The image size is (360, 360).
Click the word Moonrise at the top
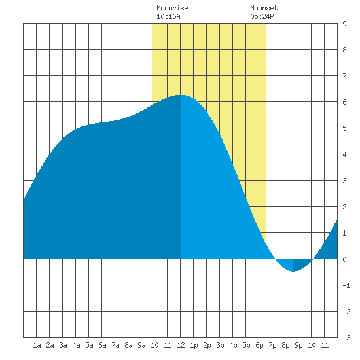[x=172, y=8]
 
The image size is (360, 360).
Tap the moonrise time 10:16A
[x=168, y=16]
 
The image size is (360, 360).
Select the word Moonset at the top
[x=264, y=8]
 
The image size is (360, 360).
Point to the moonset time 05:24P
[x=262, y=16]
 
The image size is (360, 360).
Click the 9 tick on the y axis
[x=344, y=24]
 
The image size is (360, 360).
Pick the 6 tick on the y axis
[x=344, y=102]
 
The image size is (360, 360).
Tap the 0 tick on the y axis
[x=344, y=259]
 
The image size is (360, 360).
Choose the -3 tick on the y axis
[x=346, y=338]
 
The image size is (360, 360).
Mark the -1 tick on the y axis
[x=346, y=285]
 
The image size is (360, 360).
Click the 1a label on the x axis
[x=37, y=345]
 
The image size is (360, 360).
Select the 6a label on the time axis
[x=102, y=345]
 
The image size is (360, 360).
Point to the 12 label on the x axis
[x=181, y=345]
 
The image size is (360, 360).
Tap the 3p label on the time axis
[x=220, y=345]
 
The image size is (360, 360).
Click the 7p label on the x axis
[x=272, y=345]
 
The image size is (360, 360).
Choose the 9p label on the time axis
[x=298, y=345]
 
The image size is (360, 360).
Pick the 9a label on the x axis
[x=141, y=345]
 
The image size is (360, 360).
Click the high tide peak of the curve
[x=181, y=95]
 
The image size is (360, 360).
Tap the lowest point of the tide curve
[x=293, y=271]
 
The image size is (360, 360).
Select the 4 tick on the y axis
[x=344, y=154]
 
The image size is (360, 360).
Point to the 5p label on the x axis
[x=246, y=345]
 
